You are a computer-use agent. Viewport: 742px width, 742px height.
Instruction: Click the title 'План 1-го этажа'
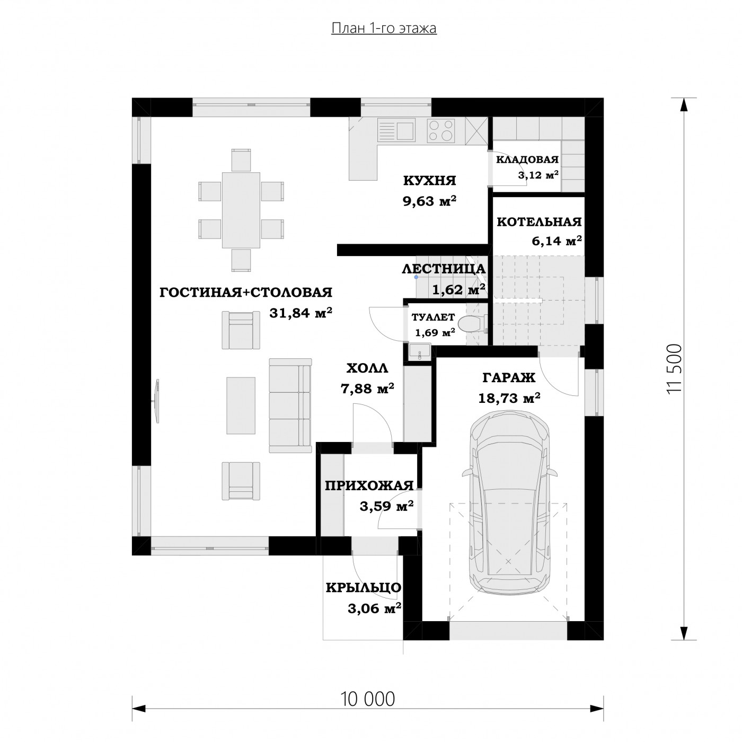[384, 28]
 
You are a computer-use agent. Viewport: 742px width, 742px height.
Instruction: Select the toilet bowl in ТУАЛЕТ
[471, 323]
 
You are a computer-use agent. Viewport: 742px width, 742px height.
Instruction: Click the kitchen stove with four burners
[441, 130]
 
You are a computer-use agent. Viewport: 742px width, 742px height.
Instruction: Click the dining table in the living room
[241, 210]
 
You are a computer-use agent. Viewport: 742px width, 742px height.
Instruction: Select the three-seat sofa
[290, 405]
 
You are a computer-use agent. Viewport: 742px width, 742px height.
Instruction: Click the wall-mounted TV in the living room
[157, 401]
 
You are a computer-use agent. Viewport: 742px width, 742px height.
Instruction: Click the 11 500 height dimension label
[674, 369]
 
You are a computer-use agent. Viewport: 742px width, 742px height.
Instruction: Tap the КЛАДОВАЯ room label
[527, 160]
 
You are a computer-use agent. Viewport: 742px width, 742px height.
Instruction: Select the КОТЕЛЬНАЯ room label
[539, 222]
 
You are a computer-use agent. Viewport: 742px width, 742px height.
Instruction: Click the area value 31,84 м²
[301, 313]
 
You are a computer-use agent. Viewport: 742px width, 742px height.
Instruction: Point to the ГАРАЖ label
[509, 378]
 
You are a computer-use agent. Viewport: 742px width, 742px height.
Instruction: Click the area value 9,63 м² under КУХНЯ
[430, 201]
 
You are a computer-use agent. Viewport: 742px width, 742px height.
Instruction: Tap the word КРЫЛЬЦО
[363, 588]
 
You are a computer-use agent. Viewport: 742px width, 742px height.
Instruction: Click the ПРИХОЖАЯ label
[369, 486]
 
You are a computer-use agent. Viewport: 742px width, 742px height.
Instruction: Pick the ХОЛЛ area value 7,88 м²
[367, 390]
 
